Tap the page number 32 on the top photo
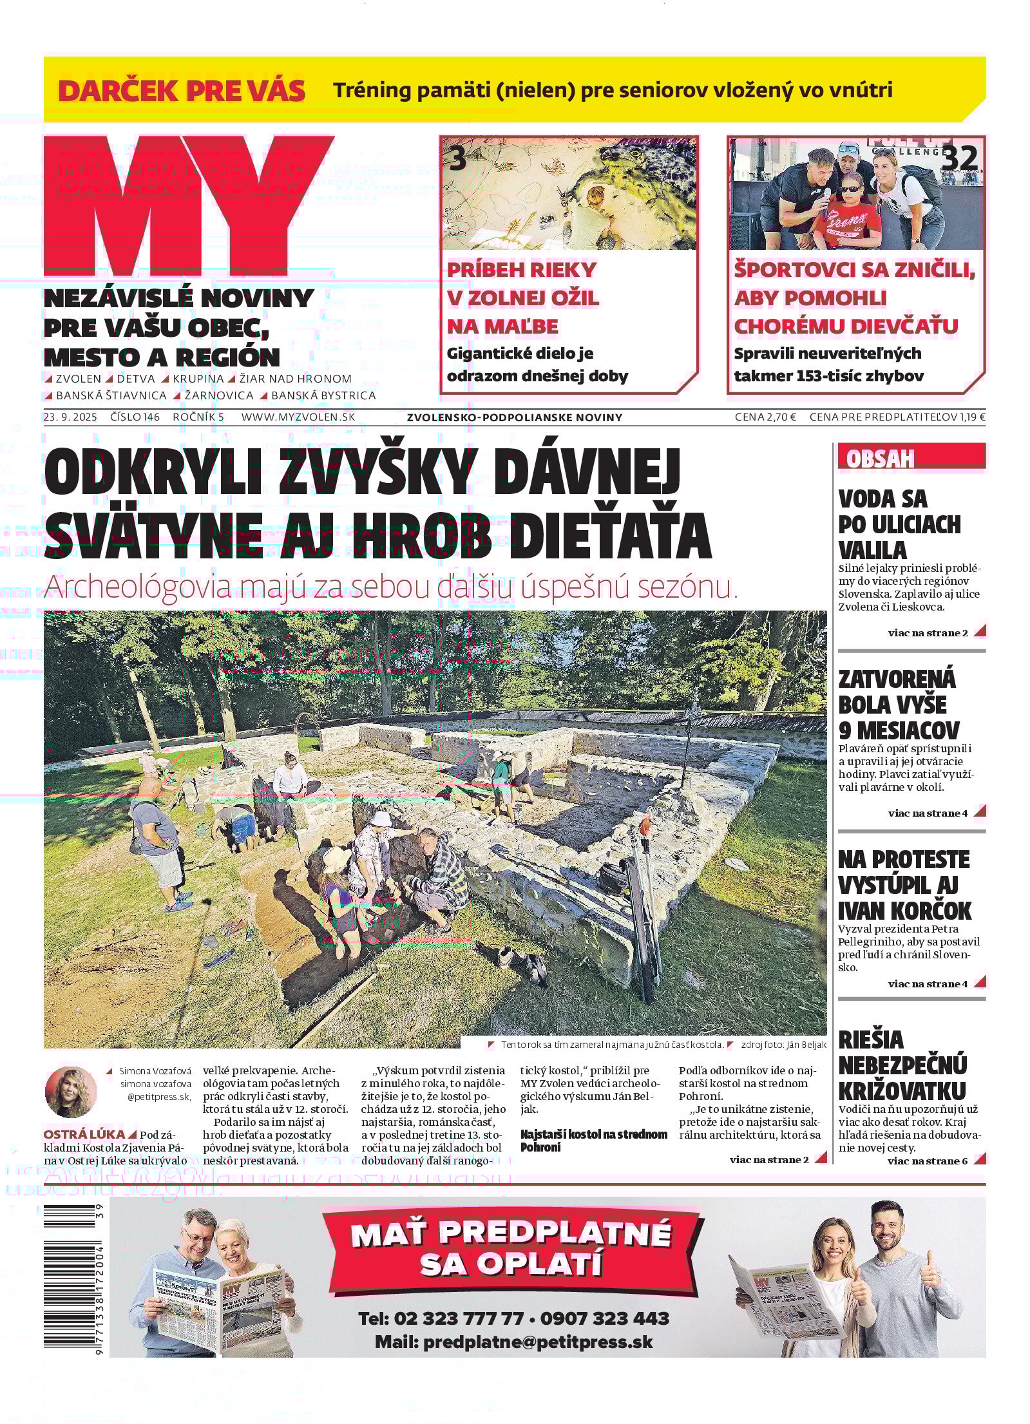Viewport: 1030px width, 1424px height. click(958, 158)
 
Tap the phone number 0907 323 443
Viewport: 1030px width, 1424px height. click(604, 1318)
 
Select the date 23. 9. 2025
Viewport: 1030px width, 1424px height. click(70, 417)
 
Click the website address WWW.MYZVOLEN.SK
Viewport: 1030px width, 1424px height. click(298, 417)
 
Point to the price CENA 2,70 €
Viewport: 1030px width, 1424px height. click(765, 417)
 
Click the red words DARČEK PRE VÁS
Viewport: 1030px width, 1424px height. click(182, 91)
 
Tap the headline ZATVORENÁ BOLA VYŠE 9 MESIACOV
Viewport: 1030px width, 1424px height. click(897, 705)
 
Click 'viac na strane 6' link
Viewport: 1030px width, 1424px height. click(927, 1161)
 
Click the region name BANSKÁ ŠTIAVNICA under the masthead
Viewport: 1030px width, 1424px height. click(111, 395)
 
